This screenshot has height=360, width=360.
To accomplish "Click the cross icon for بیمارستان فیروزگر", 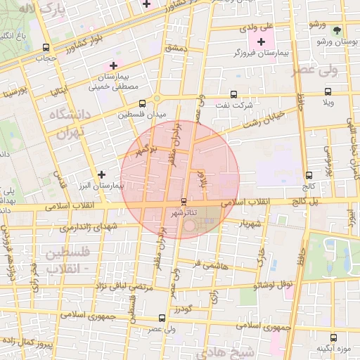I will click(262, 43).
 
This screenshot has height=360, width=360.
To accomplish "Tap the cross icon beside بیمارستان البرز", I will click(102, 174).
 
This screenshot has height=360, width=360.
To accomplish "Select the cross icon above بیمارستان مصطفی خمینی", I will click(113, 65).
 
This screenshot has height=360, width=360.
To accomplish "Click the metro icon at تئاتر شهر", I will click(184, 202).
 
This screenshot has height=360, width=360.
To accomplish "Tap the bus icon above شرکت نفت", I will click(233, 94).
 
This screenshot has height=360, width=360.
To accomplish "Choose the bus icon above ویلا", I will click(327, 92).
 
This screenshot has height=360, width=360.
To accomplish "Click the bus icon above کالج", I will click(309, 175).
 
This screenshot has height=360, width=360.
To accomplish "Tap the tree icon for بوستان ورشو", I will click(337, 30).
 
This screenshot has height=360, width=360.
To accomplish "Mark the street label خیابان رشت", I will click(263, 119).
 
